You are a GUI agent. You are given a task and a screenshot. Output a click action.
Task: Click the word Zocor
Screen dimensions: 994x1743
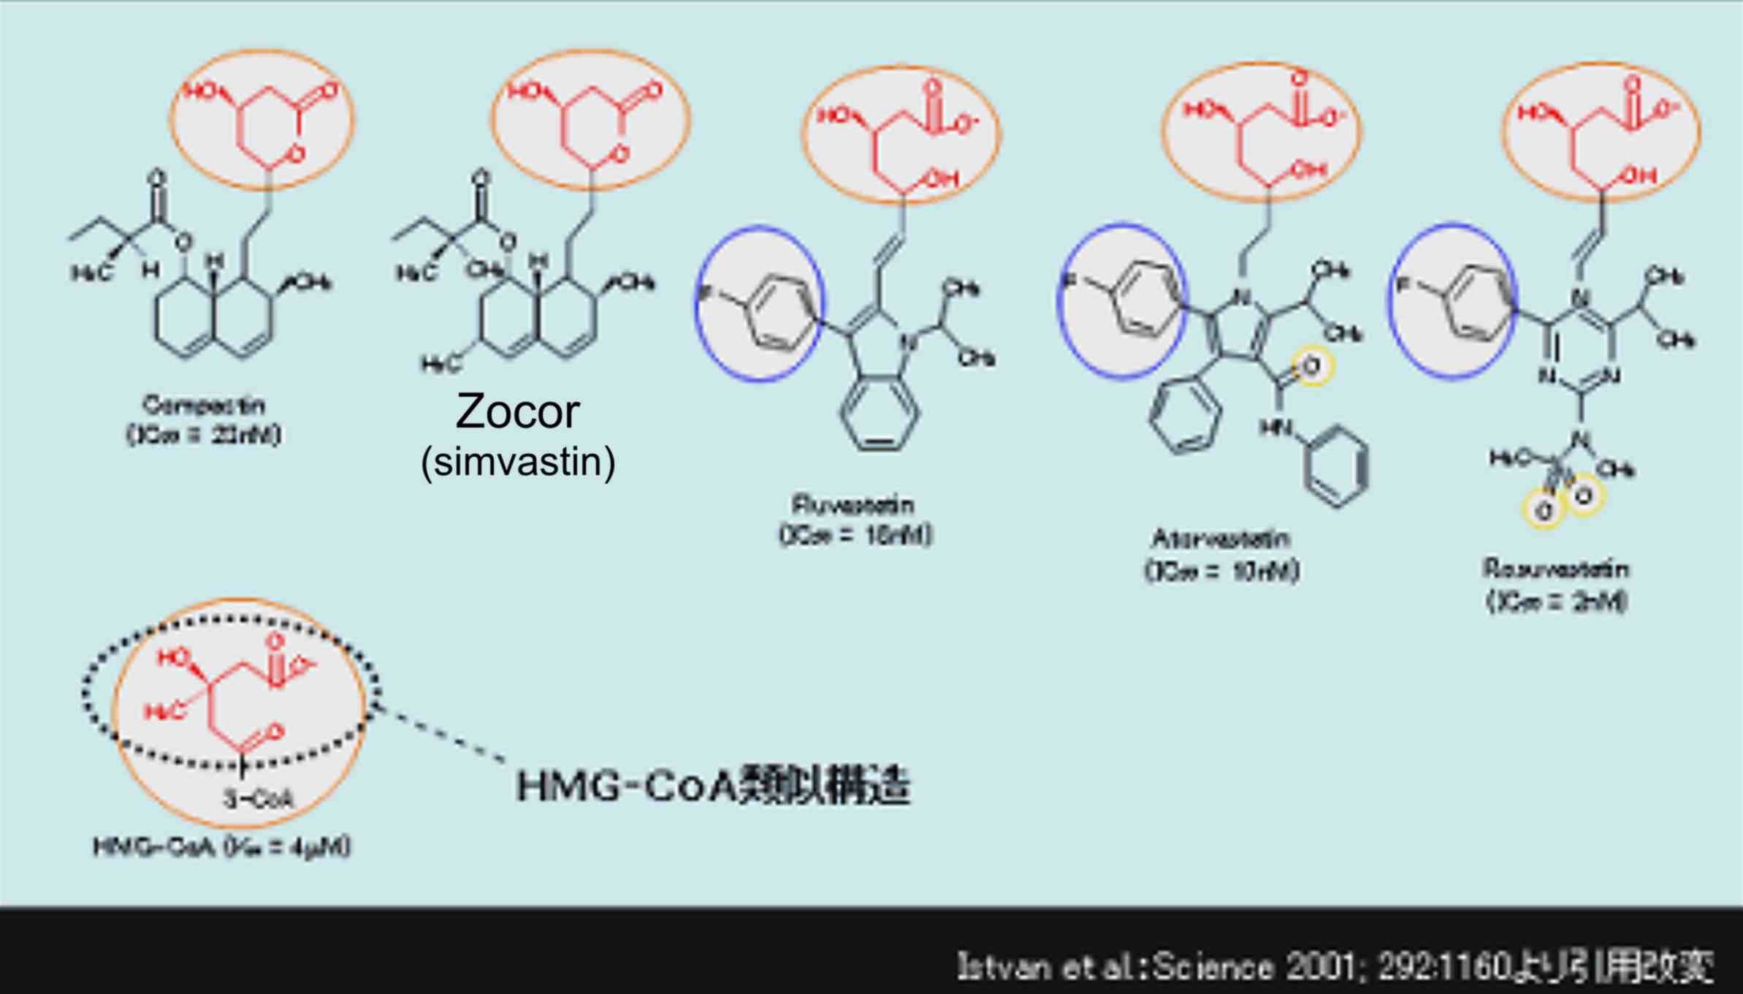coord(517,411)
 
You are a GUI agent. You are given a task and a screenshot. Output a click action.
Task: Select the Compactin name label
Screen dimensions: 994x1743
coord(203,405)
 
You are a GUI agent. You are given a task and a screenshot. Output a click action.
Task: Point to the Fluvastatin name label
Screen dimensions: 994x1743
coord(853,505)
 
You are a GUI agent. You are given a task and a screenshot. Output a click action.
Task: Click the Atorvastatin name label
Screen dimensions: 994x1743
coord(1221,539)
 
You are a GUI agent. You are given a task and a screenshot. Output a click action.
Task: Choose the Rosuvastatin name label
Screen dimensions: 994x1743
coord(1555,569)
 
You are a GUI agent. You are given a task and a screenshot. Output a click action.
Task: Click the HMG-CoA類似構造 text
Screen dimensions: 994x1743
coord(713,786)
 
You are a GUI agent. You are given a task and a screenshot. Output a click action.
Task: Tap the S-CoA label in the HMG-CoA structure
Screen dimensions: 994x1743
coord(259,799)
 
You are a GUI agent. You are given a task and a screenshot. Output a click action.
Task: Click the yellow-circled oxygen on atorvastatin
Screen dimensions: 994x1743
coord(1312,366)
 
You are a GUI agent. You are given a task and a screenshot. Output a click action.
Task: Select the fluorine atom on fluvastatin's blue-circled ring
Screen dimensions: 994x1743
coord(706,293)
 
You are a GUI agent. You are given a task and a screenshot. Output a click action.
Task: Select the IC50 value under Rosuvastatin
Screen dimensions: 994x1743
coord(1557,601)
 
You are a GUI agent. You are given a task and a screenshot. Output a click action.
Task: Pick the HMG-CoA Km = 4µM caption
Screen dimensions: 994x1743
coord(222,847)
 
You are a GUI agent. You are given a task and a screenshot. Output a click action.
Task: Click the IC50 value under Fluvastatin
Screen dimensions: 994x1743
coord(855,535)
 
